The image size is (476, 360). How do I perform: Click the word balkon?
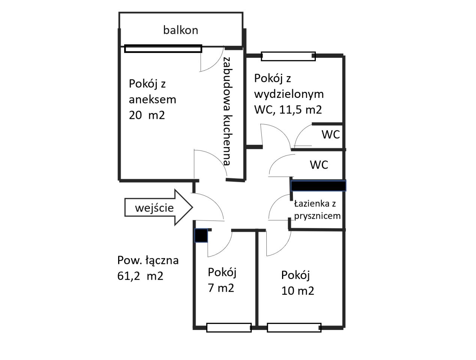181,30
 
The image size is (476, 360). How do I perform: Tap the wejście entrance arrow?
159,207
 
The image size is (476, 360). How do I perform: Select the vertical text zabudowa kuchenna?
227,111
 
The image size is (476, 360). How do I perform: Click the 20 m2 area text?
147,115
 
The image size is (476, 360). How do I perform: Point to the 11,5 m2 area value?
300,109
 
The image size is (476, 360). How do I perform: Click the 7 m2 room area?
221,288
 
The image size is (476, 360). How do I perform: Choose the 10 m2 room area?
298,291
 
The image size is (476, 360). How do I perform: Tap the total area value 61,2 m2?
140,276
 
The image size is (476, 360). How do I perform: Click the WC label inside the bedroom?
330,134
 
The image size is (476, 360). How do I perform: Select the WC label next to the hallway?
319,165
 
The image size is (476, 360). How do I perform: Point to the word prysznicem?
317,216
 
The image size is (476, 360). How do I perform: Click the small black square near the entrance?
201,235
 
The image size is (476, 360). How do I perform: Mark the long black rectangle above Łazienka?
318,186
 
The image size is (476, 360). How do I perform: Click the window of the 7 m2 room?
229,327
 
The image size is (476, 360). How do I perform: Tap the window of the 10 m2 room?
294,327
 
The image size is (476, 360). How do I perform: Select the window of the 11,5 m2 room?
288,56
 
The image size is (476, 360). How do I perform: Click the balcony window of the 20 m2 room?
163,48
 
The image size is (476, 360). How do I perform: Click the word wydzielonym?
289,94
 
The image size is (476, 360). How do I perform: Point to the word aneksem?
152,100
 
